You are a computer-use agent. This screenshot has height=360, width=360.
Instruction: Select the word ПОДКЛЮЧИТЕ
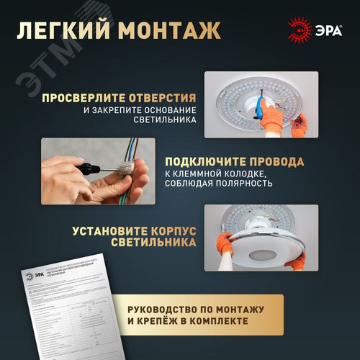(204, 162)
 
